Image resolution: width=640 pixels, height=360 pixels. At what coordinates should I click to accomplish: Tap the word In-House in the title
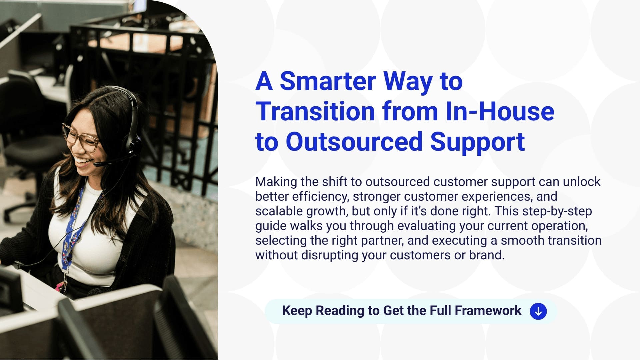coord(500,111)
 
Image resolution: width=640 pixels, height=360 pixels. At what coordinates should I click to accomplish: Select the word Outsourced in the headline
coord(354,142)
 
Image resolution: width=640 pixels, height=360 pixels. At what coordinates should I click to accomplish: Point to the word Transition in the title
coord(315,111)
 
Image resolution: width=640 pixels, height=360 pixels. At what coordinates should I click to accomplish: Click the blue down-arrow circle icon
coord(538,311)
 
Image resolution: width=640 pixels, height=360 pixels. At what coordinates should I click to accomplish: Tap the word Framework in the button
coord(488,311)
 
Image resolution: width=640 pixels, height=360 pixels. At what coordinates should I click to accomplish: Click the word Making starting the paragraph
coord(276,182)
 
